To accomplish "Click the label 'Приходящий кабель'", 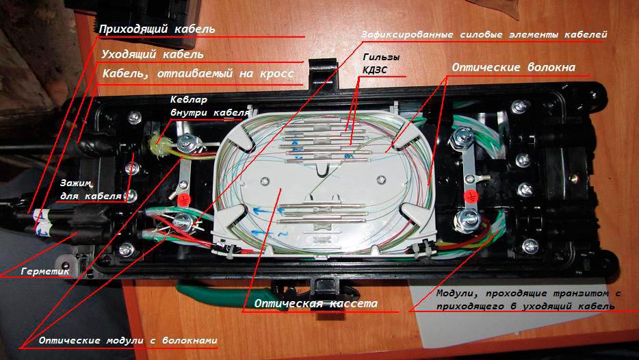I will click(157, 30).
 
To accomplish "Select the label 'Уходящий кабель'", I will click(152, 54).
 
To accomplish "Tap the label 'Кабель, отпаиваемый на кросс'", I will click(198, 73).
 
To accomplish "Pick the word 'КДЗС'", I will click(375, 69).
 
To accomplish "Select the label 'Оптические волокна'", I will click(512, 68).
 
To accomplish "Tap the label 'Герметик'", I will click(46, 271).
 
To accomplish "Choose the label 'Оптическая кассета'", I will click(316, 303).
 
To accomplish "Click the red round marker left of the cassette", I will click(185, 200).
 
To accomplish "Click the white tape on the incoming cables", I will click(42, 219).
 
